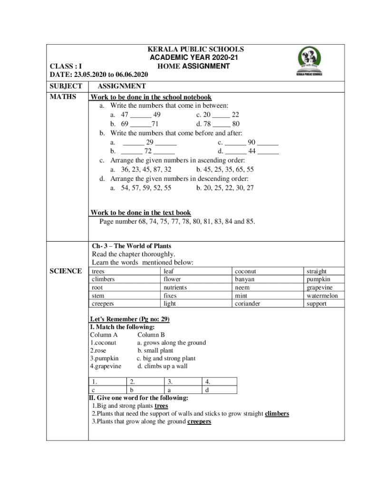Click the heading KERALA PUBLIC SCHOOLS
(195, 49)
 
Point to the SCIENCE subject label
(66, 271)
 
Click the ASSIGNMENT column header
(121, 86)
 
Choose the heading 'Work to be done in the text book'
(141, 213)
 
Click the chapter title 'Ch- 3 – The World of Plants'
(132, 246)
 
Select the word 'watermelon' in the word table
(322, 296)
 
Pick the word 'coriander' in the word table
(247, 304)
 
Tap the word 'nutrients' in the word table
(175, 288)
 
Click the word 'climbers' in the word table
(103, 280)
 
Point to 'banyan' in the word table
(244, 280)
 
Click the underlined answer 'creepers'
(199, 421)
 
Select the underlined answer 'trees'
(162, 406)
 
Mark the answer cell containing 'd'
(207, 390)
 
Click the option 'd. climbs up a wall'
(162, 366)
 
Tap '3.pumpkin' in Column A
(104, 358)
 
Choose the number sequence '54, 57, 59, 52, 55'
(146, 188)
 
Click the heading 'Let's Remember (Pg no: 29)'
(130, 319)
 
